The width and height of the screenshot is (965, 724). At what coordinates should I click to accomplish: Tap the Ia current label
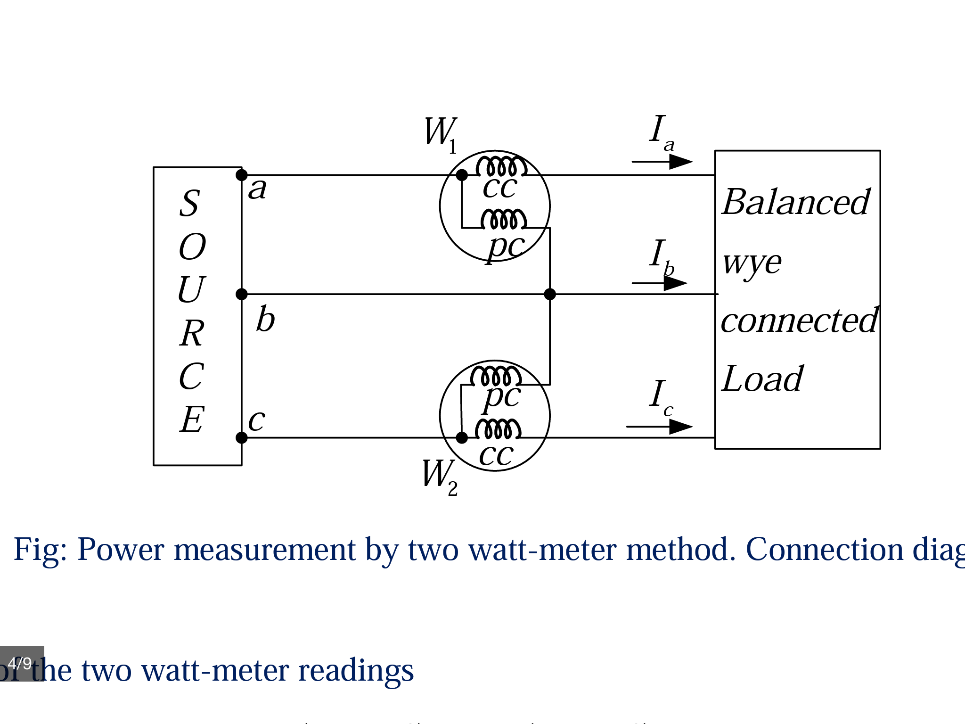point(661,132)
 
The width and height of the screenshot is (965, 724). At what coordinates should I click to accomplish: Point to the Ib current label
point(661,257)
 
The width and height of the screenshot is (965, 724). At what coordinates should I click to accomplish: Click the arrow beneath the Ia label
point(662,162)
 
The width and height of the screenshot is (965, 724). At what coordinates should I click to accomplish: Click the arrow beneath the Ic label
point(660,427)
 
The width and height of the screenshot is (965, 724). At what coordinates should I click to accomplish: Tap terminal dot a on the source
point(242,175)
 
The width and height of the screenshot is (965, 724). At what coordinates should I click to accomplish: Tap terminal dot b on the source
point(242,295)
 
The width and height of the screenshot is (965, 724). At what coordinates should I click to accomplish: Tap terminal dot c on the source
point(242,438)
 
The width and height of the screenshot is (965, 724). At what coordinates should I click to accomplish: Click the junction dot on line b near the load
point(550,295)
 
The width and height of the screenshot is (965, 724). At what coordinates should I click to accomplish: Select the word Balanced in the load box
point(796,202)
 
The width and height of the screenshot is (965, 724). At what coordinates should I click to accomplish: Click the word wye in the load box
point(752,263)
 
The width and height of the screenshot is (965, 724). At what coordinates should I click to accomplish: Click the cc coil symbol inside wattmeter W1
point(501,166)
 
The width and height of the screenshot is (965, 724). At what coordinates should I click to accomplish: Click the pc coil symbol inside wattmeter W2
point(496,376)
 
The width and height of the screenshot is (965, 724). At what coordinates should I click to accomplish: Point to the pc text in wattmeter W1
point(506,247)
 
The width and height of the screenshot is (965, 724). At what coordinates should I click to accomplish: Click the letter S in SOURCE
point(190,203)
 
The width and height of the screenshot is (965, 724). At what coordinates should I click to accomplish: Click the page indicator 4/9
point(21,663)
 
